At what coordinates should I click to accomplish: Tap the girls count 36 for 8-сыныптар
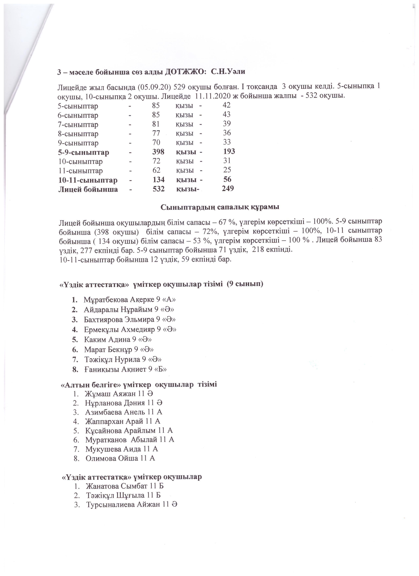227,133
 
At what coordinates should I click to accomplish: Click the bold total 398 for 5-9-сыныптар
158,152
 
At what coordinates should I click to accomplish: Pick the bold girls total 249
228,188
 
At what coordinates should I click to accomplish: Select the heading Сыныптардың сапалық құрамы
220,207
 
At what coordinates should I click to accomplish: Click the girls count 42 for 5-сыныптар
226,105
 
